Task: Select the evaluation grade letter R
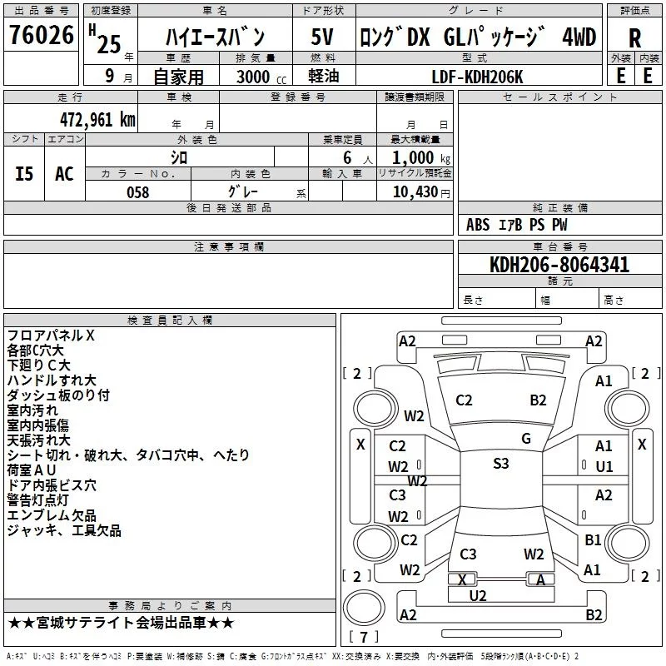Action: pos(634,38)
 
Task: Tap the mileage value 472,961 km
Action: pos(97,119)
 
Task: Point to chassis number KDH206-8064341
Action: pos(559,266)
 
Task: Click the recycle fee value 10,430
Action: pos(415,191)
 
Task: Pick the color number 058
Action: pos(137,192)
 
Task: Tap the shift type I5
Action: pos(24,173)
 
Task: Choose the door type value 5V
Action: pos(323,37)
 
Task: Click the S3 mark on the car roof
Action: pos(500,464)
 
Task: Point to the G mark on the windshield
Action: pos(526,439)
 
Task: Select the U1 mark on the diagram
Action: pos(604,466)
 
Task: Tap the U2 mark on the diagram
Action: pos(477,595)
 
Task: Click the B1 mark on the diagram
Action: pos(593,539)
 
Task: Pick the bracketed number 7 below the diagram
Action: pos(364,637)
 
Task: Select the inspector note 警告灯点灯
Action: pos(45,500)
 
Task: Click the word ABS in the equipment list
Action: pos(478,225)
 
